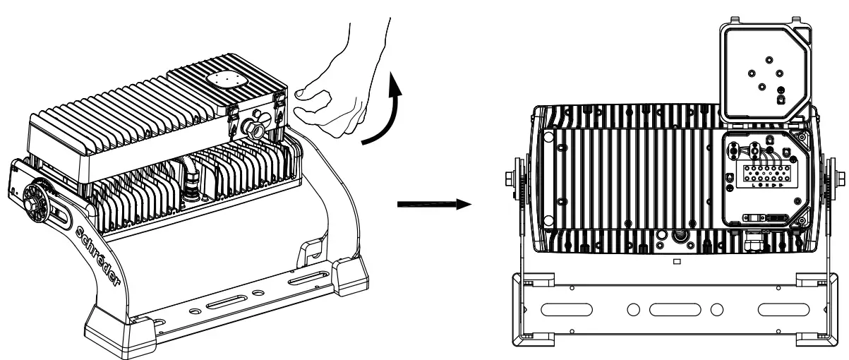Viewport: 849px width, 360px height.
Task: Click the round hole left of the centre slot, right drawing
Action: (x=633, y=309)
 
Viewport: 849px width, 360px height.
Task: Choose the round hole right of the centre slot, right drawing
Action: (x=716, y=309)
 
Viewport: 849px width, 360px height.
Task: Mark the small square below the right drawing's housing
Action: (x=675, y=261)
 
